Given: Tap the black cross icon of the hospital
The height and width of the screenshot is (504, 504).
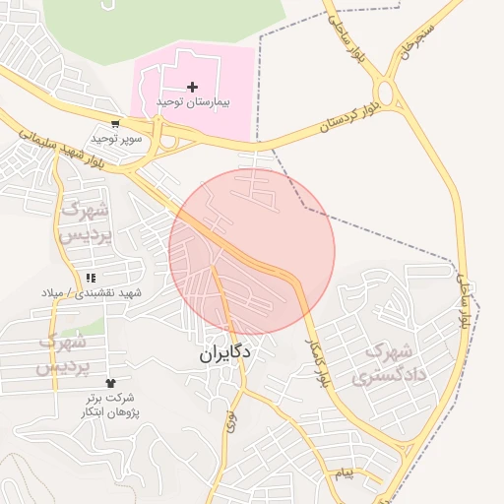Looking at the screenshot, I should pyautogui.click(x=192, y=88).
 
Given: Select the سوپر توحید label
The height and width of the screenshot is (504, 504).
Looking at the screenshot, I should pyautogui.click(x=117, y=139).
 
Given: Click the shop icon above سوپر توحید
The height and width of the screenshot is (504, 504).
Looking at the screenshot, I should pyautogui.click(x=116, y=125).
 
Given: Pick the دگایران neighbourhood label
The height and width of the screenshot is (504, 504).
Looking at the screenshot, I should pyautogui.click(x=220, y=351).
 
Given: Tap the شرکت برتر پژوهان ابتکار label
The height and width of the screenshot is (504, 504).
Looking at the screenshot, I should pyautogui.click(x=108, y=404).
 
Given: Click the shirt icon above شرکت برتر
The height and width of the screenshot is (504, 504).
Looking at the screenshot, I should pyautogui.click(x=108, y=382).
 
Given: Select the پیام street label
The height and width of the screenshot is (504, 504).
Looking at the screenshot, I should pyautogui.click(x=343, y=474).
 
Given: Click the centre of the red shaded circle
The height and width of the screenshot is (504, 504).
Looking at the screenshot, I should pyautogui.click(x=252, y=252).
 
